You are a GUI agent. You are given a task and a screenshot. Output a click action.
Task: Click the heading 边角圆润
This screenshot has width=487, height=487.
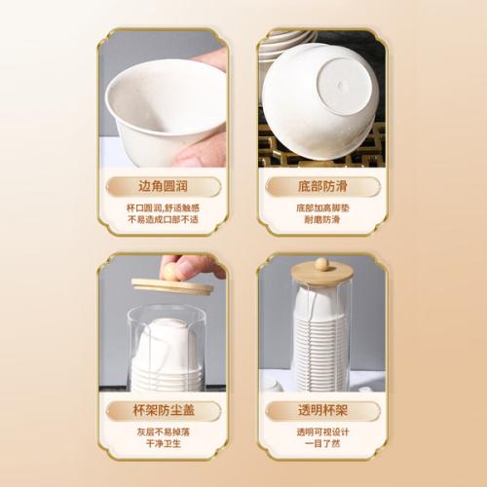tap(163, 186)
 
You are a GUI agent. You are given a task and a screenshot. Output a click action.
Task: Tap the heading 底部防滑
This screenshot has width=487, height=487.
tap(322, 186)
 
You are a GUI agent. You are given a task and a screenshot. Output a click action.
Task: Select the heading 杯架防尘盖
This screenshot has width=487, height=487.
tap(164, 410)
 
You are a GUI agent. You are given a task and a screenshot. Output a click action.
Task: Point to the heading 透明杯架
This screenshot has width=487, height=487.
tap(322, 410)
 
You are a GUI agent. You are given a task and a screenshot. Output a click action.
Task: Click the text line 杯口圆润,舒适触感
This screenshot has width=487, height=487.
tap(163, 207)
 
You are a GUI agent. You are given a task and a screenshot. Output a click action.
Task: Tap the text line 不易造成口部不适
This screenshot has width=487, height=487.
tap(163, 220)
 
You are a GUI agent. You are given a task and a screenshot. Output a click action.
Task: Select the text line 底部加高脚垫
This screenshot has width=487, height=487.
tap(322, 207)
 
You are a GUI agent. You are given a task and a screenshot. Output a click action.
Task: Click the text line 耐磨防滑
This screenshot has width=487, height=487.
tap(322, 220)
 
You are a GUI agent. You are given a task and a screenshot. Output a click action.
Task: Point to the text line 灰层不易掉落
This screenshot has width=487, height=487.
tap(163, 432)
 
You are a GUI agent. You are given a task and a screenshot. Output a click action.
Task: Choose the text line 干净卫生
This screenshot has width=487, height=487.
tap(163, 444)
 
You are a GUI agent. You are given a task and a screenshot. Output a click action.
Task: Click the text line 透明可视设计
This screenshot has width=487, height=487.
tap(322, 432)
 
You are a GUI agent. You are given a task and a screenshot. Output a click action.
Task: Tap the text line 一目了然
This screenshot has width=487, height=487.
tap(322, 444)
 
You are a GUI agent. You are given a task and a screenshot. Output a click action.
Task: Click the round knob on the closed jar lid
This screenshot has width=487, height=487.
tap(321, 263)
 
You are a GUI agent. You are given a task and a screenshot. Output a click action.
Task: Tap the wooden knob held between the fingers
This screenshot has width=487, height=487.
tap(171, 271)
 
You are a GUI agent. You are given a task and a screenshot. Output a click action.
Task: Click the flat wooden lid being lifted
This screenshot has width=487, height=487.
tap(172, 286)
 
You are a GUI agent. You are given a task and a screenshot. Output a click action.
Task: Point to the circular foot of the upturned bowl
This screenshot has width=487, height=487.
tap(343, 86)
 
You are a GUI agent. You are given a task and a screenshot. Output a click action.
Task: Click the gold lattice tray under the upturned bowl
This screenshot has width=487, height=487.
tap(321, 153)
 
